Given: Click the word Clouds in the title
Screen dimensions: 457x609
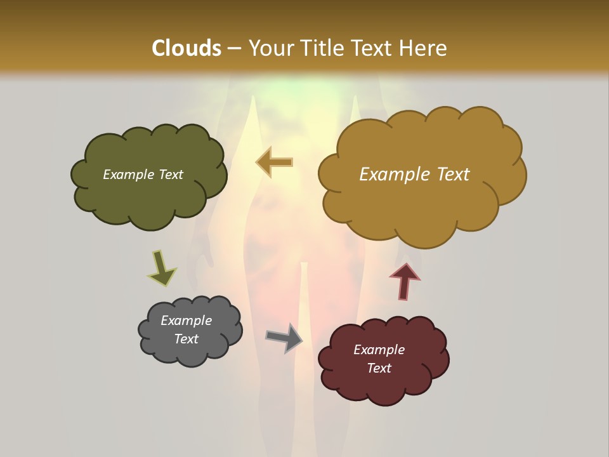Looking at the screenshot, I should tap(186, 48).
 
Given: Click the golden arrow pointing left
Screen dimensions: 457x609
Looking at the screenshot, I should tap(275, 162).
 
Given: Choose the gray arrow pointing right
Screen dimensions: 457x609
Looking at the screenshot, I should tap(284, 337).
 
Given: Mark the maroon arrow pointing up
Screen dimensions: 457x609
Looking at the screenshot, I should tap(404, 280).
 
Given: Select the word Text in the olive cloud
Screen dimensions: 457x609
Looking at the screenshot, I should tap(170, 175).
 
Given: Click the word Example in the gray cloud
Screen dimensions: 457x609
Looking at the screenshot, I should tap(186, 321).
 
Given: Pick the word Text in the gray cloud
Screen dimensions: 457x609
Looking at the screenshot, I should tap(186, 339).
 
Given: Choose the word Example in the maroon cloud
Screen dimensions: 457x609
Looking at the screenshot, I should tap(379, 350).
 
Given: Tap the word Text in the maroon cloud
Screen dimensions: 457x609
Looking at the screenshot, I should tap(379, 368).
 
